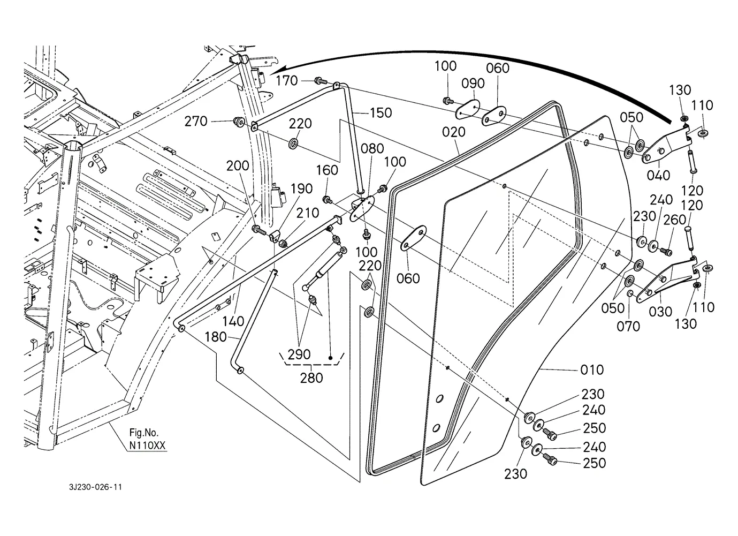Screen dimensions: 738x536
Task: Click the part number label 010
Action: (592, 370)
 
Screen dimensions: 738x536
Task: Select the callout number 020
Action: (454, 132)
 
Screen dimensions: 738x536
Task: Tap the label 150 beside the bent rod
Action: (381, 113)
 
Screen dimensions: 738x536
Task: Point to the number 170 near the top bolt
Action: (287, 81)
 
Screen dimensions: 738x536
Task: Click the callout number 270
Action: (196, 122)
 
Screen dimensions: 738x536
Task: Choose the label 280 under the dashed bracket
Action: (311, 378)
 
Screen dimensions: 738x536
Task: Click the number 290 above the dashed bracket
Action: (299, 354)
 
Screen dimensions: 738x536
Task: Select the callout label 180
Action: (216, 337)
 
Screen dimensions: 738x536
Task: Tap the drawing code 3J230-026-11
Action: (96, 487)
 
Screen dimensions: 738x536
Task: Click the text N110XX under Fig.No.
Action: (147, 446)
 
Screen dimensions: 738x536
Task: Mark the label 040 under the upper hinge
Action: (658, 176)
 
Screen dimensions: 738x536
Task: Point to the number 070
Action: (628, 327)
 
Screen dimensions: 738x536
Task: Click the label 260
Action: (675, 220)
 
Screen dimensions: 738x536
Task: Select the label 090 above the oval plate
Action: (473, 84)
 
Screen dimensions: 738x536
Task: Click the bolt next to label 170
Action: (320, 80)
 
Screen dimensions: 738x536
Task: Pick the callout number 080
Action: (372, 149)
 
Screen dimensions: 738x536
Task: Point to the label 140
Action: (233, 321)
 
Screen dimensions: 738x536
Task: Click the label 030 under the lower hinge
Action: (660, 312)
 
